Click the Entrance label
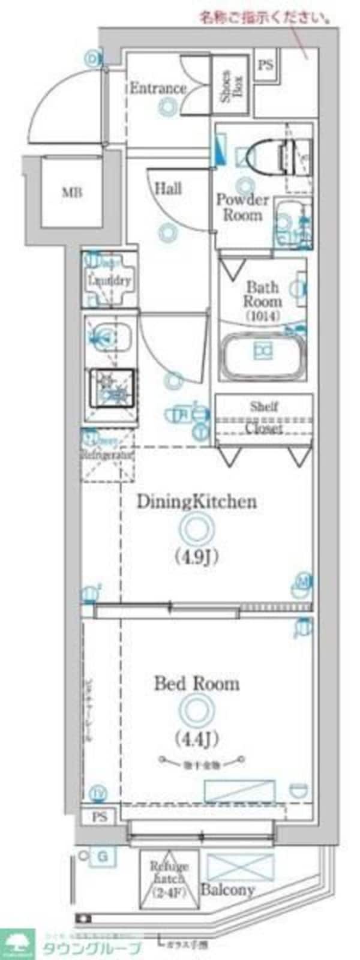point(158,89)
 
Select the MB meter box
point(72,193)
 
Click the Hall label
point(168,188)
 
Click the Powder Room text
point(242,207)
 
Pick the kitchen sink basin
point(110,339)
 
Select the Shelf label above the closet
point(264,406)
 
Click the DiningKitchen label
point(196,502)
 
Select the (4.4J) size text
point(196,737)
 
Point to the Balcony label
point(227,890)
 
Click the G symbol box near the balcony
point(103,857)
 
